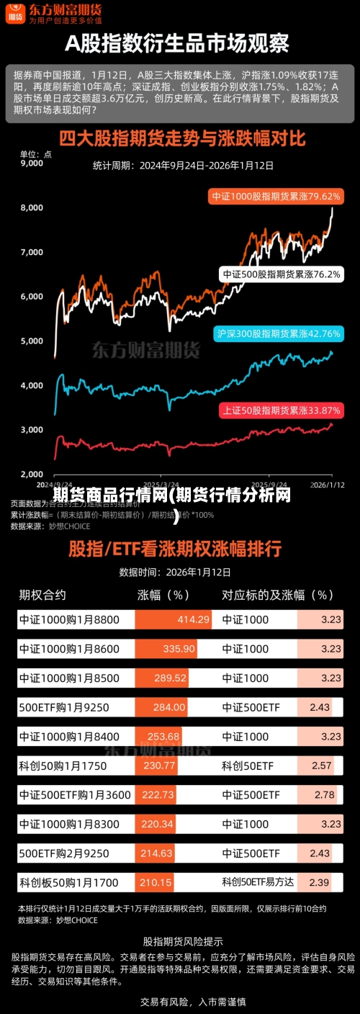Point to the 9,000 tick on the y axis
coord(32,163)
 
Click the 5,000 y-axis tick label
coord(32,341)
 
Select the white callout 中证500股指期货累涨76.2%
coord(281,274)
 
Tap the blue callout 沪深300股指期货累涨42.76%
coord(278,313)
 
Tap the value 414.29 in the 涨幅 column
coord(194,619)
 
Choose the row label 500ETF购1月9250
coord(64,707)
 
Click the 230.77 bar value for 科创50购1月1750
coord(159,766)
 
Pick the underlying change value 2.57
coord(322,766)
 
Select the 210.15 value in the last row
coord(156,882)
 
